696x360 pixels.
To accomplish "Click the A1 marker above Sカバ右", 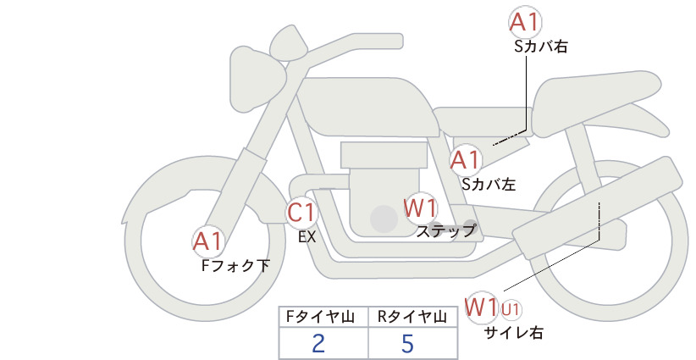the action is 525,22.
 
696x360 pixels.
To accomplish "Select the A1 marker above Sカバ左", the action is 466,160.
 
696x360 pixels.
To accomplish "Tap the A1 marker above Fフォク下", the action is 207,241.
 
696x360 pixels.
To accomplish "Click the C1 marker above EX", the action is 301,212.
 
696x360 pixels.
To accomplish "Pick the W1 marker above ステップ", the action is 420,208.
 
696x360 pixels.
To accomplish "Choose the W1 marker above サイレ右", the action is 481,307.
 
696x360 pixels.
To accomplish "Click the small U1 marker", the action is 511,309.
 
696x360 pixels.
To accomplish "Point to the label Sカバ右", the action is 541,47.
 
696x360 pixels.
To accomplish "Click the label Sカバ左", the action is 489,184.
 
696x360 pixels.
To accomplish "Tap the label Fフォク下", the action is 235,265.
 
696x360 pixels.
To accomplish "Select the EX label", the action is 307,237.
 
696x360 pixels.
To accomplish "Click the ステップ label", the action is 446,231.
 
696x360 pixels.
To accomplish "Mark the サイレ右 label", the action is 514,333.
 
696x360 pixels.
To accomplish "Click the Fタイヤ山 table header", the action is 320,317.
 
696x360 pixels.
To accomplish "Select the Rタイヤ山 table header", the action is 412,317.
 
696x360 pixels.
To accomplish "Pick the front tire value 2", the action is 318,343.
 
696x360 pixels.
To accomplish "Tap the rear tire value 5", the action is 407,343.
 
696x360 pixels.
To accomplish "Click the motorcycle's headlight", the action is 257,79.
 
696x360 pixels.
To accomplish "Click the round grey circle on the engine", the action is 384,219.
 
